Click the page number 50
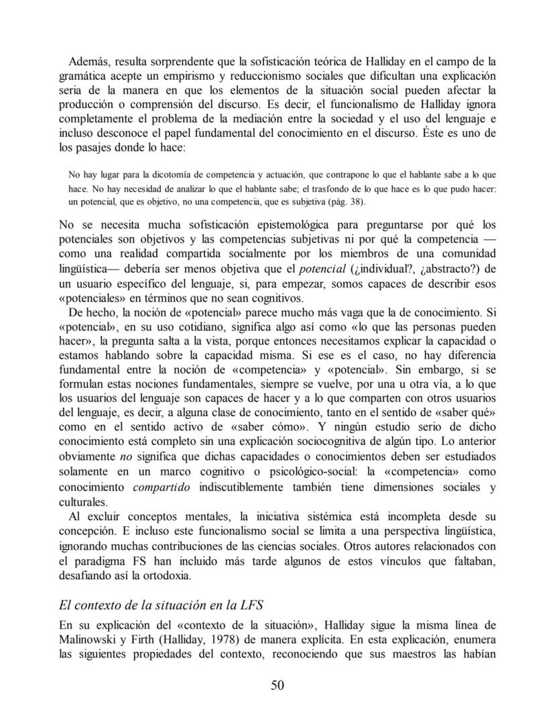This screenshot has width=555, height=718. pyautogui.click(x=277, y=684)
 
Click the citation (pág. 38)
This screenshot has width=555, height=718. pyautogui.click(x=350, y=201)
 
